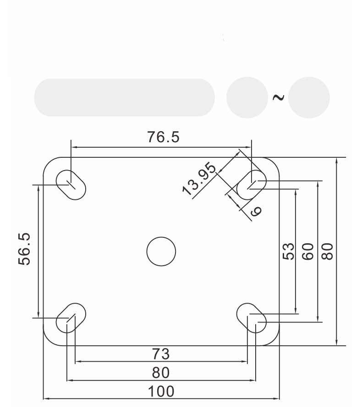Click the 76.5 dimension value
pyautogui.click(x=163, y=137)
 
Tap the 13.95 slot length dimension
pyautogui.click(x=199, y=179)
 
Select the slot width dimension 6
pyautogui.click(x=256, y=212)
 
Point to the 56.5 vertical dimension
pyautogui.click(x=24, y=249)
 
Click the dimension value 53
pyautogui.click(x=288, y=251)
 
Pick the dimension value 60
pyautogui.click(x=308, y=251)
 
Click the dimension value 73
pyautogui.click(x=161, y=354)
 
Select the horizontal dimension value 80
pyautogui.click(x=161, y=373)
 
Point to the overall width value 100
pyautogui.click(x=161, y=391)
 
